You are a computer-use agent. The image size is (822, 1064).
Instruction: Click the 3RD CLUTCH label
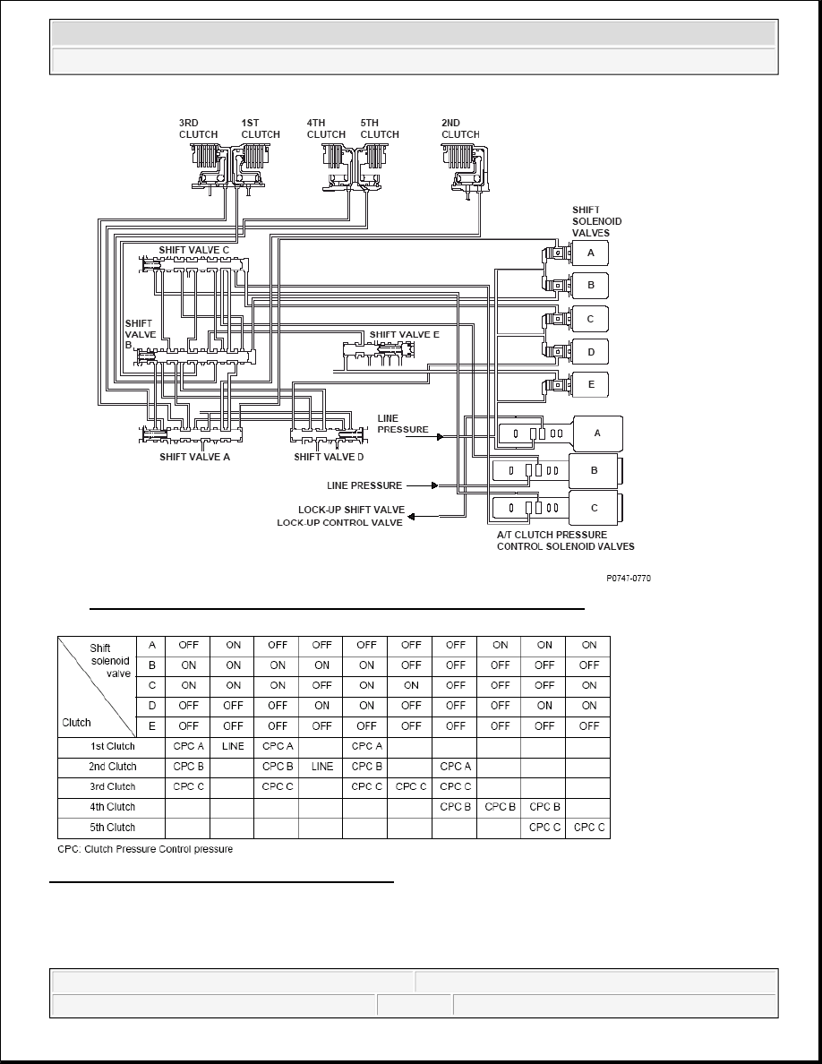tap(198, 129)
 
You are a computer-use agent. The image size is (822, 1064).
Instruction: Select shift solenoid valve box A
tap(591, 253)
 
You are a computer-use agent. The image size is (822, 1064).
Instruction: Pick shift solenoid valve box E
tap(591, 385)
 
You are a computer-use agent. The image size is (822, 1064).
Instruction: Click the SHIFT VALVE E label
tap(404, 335)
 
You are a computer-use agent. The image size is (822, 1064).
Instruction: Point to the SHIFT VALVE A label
tap(194, 457)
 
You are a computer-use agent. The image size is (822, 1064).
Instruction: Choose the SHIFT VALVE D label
tap(329, 457)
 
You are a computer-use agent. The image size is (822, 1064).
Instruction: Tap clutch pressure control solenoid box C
tap(595, 508)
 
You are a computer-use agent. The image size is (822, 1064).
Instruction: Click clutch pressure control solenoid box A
tap(597, 433)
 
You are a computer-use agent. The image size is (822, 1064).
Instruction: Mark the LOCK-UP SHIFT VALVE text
tap(351, 510)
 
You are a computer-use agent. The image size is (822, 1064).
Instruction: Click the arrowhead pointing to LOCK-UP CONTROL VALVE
tap(412, 517)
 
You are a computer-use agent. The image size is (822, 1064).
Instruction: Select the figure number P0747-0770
tap(629, 579)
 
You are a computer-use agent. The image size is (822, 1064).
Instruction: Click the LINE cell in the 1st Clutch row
tap(234, 746)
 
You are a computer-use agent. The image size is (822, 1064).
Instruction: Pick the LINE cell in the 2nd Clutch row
tap(322, 767)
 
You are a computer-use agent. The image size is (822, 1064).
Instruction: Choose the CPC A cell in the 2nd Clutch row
tap(455, 767)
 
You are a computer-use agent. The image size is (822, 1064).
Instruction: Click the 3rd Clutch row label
tap(113, 787)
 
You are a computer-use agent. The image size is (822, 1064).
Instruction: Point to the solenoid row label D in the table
tap(152, 706)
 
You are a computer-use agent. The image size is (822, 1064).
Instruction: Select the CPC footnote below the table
tap(145, 849)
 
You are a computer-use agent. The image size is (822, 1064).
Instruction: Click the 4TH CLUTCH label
tap(326, 129)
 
